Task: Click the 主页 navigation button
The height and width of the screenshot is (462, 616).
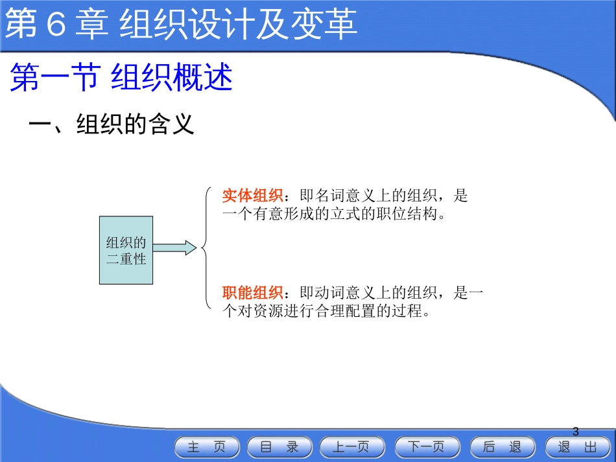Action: pos(207,447)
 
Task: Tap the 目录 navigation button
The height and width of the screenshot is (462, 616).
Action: pos(279,447)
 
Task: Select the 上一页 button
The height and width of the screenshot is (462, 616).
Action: pos(352,447)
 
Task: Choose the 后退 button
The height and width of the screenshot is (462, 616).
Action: pos(503,447)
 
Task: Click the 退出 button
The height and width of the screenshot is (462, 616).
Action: pos(578,447)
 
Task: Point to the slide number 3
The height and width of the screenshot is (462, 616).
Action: pos(576,432)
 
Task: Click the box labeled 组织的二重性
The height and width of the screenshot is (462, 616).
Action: pos(126,250)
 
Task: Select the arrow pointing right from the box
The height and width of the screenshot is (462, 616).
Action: pos(174,248)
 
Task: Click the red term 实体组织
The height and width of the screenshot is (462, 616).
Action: pos(252,195)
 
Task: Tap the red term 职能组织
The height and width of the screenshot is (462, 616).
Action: pos(252,292)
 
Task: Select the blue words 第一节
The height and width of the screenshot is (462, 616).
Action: pos(55,77)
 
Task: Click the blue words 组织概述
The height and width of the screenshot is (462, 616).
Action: pos(172,77)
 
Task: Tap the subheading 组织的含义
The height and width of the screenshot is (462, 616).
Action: pos(135,124)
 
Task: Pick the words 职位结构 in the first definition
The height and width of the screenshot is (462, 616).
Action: pos(407,214)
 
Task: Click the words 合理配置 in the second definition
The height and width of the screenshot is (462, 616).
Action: pos(346,311)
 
